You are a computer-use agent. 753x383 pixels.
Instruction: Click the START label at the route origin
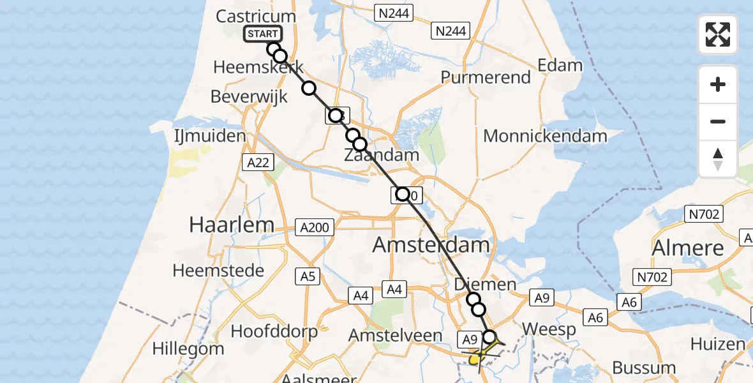pos(262,34)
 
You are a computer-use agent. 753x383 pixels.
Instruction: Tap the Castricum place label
pos(256,16)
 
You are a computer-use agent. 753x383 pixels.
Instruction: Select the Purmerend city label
pos(486,77)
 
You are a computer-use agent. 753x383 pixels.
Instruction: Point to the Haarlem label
pos(232,224)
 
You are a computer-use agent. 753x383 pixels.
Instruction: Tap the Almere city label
pos(688,248)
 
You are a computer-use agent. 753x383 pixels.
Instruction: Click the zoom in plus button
pos(718,85)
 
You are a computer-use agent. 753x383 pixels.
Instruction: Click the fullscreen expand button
pos(718,34)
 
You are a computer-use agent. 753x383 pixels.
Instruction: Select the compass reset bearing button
pos(718,159)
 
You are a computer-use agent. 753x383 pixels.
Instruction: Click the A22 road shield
pos(258,163)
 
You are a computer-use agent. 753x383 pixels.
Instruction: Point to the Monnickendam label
pos(544,136)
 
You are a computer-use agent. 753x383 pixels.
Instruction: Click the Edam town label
pos(560,65)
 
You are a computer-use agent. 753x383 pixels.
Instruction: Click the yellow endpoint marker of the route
pos(474,361)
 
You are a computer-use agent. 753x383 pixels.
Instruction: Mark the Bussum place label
pos(643,367)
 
